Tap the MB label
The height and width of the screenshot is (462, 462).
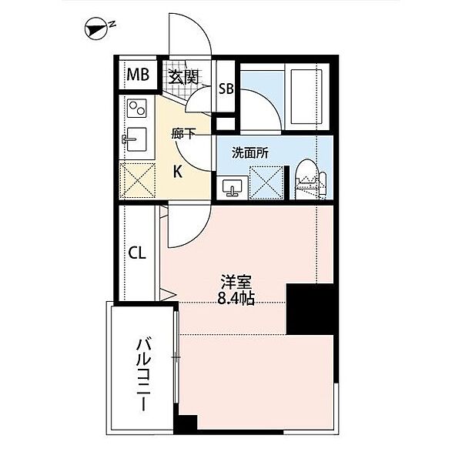(x=137, y=75)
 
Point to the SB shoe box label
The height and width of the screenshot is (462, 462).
(x=226, y=88)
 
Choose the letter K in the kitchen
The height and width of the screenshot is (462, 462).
(x=177, y=171)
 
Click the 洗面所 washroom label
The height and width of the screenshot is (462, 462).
(x=250, y=152)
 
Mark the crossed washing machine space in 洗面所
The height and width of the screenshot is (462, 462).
(x=266, y=181)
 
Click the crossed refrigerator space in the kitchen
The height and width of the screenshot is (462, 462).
(x=139, y=179)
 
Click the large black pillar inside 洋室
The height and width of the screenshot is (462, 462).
(x=310, y=308)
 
